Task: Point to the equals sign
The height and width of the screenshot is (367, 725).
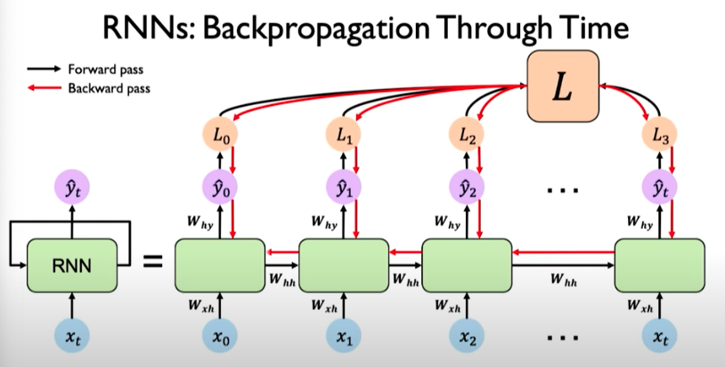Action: click(153, 263)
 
